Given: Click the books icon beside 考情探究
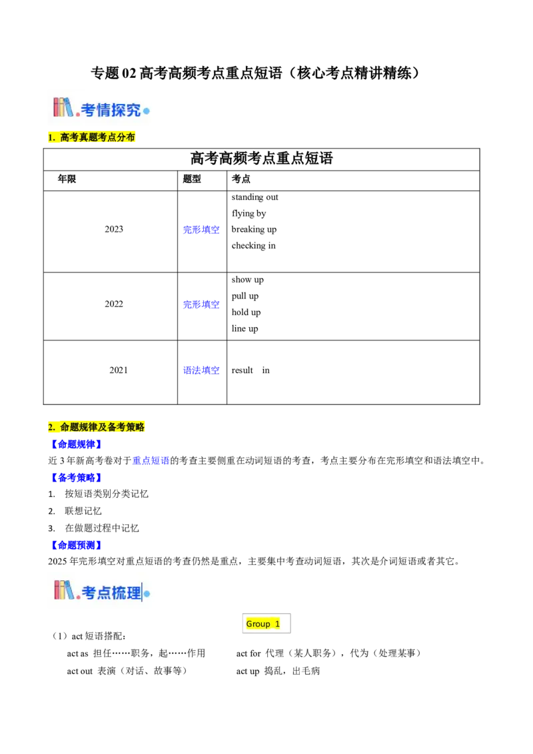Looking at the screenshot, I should pyautogui.click(x=63, y=107).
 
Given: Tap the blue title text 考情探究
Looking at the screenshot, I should pyautogui.click(x=111, y=110).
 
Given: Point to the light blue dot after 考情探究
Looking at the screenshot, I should pyautogui.click(x=147, y=111).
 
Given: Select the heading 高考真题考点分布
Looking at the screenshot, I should pyautogui.click(x=97, y=137).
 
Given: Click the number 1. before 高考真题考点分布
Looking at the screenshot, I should pyautogui.click(x=51, y=137).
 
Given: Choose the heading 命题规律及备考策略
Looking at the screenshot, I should pyautogui.click(x=102, y=427).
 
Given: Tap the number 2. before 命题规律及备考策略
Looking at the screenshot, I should pyautogui.click(x=51, y=427).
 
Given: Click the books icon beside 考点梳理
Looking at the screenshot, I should pyautogui.click(x=63, y=589).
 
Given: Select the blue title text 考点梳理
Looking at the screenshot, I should pyautogui.click(x=111, y=592).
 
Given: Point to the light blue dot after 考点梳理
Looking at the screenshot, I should pyautogui.click(x=147, y=593).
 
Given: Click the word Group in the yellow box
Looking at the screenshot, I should pyautogui.click(x=258, y=624).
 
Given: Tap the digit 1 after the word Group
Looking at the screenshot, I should pyautogui.click(x=277, y=624).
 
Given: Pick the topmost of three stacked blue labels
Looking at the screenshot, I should pyautogui.click(x=201, y=229).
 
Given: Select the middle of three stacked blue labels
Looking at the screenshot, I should pyautogui.click(x=201, y=304).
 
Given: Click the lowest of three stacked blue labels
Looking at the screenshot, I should pyautogui.click(x=202, y=370).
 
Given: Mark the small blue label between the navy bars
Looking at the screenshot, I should pyautogui.click(x=151, y=460).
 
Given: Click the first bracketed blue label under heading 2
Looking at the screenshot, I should pyautogui.click(x=75, y=444).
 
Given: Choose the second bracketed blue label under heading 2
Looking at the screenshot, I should pyautogui.click(x=75, y=476).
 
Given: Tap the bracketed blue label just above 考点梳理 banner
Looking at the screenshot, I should pyautogui.click(x=75, y=545).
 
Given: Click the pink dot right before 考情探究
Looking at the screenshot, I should pyautogui.click(x=77, y=113).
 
